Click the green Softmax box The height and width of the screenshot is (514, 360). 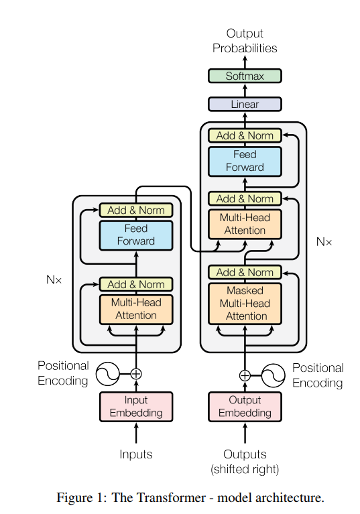pos(245,76)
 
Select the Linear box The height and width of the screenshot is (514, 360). pos(245,105)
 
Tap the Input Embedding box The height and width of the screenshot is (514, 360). pos(136,407)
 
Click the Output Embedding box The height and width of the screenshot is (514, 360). pos(245,407)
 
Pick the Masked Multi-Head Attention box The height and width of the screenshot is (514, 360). pos(245,304)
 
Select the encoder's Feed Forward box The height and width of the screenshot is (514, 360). pos(136,235)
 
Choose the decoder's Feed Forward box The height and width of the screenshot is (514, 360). pos(245,161)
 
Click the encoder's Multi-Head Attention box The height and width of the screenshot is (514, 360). pos(136,309)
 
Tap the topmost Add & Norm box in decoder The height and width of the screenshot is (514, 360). pos(245,135)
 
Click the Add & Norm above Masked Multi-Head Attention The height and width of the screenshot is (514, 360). pos(245,272)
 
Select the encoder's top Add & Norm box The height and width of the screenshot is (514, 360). pos(136,210)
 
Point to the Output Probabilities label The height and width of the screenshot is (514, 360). pos(245,40)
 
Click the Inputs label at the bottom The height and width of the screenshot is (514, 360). pos(136,454)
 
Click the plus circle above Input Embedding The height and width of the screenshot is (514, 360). pos(137,374)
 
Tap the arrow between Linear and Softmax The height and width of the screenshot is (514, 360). pos(245,90)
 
